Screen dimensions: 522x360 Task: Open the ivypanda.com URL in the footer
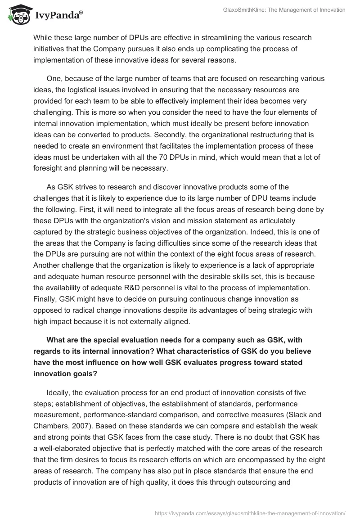[x=250, y=513]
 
